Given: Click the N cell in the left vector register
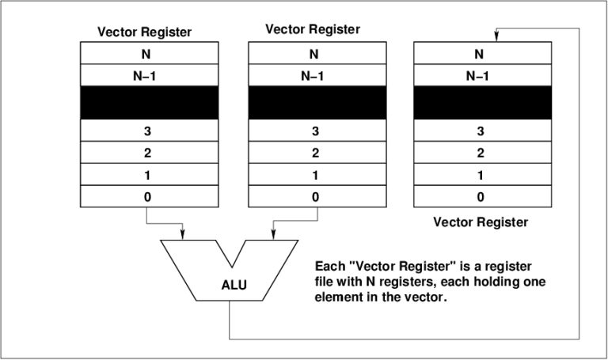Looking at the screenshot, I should [x=148, y=55].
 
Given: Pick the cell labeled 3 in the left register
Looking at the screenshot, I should [x=148, y=131].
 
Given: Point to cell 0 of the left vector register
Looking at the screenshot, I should [x=148, y=196].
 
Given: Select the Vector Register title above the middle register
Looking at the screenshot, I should [x=313, y=29].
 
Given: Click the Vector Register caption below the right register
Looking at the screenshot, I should [x=481, y=222].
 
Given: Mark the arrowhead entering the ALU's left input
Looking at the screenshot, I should [x=184, y=234].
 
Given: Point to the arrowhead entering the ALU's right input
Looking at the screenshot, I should [x=274, y=234].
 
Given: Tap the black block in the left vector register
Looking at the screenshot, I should [x=148, y=103].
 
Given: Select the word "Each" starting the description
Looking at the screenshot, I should [x=329, y=267].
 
